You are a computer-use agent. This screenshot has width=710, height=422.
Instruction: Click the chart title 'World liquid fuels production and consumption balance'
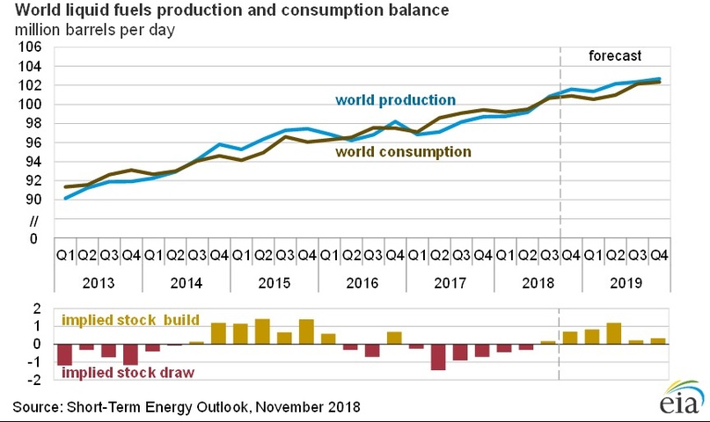coord(231,11)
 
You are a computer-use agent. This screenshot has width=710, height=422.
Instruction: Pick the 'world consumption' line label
coord(406,151)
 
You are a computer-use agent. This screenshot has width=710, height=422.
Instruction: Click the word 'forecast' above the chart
coord(614,55)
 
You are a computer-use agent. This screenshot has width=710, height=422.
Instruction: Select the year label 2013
coord(98,283)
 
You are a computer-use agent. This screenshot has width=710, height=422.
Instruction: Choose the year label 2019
coord(625,283)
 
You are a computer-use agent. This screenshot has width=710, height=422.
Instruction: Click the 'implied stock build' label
coord(130,320)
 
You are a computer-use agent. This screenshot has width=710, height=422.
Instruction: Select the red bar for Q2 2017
coord(437,357)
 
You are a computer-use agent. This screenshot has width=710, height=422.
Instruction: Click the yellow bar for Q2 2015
coord(262,331)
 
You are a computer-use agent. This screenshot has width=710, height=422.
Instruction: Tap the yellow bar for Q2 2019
coord(613,333)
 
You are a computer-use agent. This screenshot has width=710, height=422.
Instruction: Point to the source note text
coord(187,408)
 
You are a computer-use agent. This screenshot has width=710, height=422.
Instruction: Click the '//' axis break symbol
coord(35,219)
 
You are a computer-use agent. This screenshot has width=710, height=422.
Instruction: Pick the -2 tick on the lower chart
coord(35,381)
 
